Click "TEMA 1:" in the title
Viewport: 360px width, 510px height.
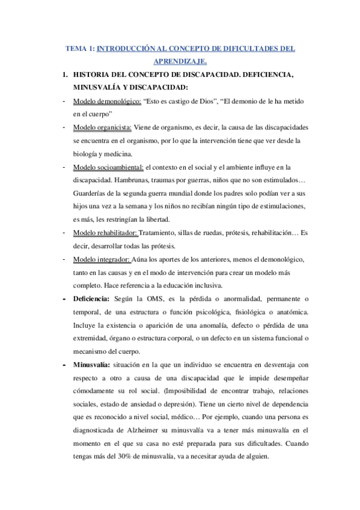[x=81, y=49]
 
